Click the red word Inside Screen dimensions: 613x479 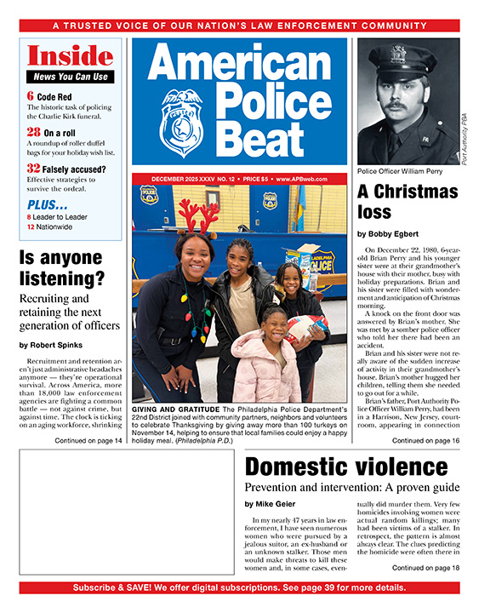71,57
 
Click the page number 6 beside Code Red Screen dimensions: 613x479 31,96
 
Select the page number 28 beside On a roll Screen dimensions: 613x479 33,132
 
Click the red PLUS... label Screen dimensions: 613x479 48,204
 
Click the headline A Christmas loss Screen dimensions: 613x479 397,200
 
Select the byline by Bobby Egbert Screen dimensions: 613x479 389,233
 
